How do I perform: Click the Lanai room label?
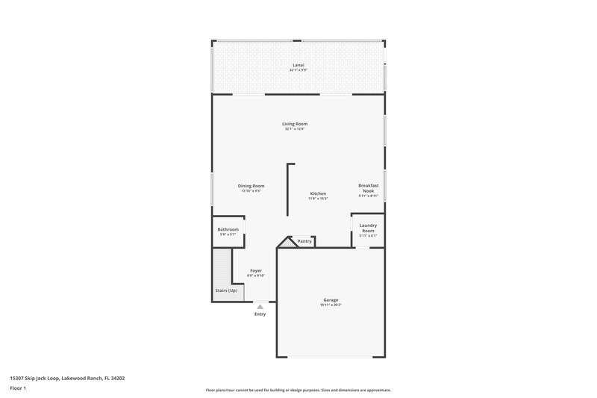point(298,65)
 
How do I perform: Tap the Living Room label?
point(295,124)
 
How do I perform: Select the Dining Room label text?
point(251,186)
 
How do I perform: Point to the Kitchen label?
point(318,193)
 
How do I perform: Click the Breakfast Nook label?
point(369,188)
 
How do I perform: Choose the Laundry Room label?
point(368,228)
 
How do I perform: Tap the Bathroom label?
point(228,229)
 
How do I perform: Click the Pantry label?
point(304,241)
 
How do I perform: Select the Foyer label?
point(256,270)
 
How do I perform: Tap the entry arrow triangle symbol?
point(260,306)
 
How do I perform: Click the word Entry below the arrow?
point(260,315)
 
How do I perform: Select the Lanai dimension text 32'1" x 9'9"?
point(298,70)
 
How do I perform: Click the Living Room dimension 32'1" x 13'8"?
point(295,129)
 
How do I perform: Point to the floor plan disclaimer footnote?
point(298,390)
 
